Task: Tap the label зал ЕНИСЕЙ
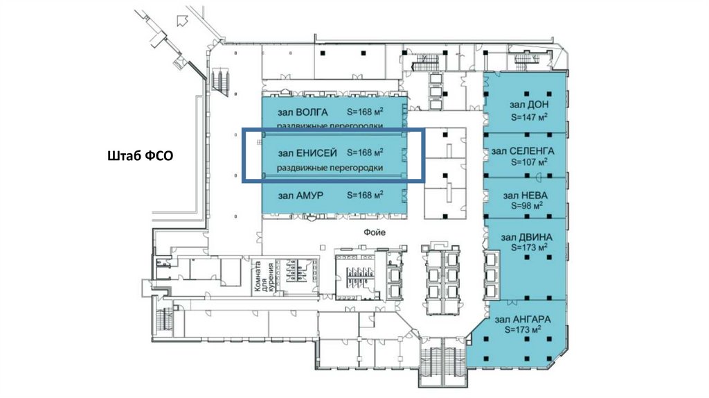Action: [307, 153]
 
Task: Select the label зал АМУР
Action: [300, 196]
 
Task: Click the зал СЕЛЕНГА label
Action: [523, 150]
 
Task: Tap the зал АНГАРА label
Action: [523, 320]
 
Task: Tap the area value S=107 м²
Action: [529, 162]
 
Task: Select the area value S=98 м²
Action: [526, 205]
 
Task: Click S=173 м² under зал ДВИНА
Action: [529, 247]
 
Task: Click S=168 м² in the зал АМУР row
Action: [365, 196]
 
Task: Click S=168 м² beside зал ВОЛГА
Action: [365, 112]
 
